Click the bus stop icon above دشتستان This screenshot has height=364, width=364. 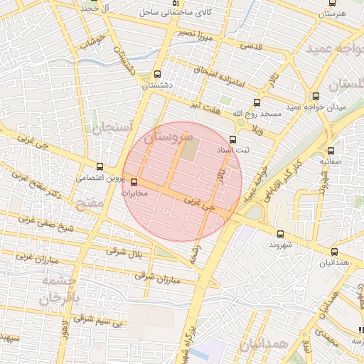tap(157, 74)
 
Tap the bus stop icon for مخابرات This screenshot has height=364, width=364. tap(135, 181)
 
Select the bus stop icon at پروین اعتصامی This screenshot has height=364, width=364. tap(100, 166)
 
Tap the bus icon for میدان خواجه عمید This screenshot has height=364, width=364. tap(316, 96)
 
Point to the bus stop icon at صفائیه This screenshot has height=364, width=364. tap(331, 151)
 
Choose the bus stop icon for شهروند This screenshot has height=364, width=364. tap(279, 233)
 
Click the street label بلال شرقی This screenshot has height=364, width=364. tap(125, 251)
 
